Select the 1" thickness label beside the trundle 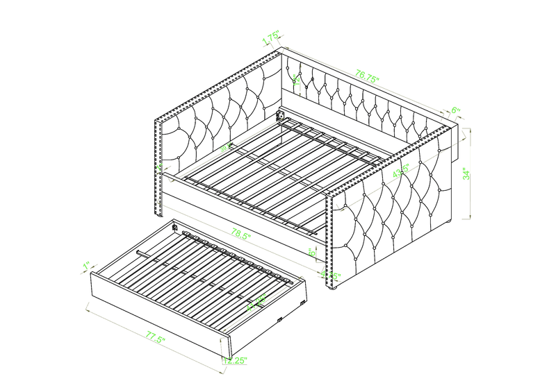tap(87, 266)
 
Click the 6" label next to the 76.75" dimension tap(456, 110)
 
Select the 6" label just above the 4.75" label tap(313, 253)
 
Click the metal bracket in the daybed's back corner tap(282, 115)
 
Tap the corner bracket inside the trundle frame tap(176, 226)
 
